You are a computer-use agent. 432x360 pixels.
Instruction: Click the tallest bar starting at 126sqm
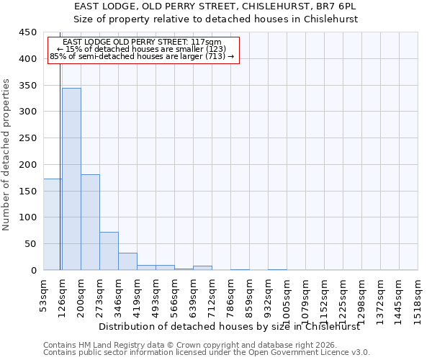71,179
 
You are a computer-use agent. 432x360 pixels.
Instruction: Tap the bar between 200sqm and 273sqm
90,222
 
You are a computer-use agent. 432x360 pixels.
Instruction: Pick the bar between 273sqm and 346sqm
109,251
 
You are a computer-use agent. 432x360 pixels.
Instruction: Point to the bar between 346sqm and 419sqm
127,261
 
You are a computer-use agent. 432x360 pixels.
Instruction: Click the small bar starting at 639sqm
202,268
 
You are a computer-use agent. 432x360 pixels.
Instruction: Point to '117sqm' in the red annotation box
208,42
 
